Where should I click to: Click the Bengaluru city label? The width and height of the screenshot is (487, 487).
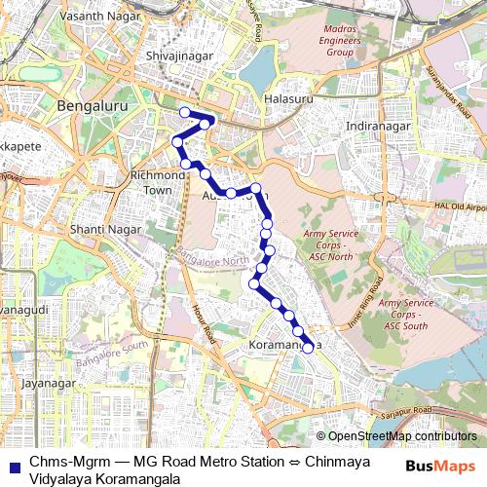tap(94, 105)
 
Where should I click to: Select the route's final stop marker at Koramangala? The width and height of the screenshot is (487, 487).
tap(308, 347)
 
